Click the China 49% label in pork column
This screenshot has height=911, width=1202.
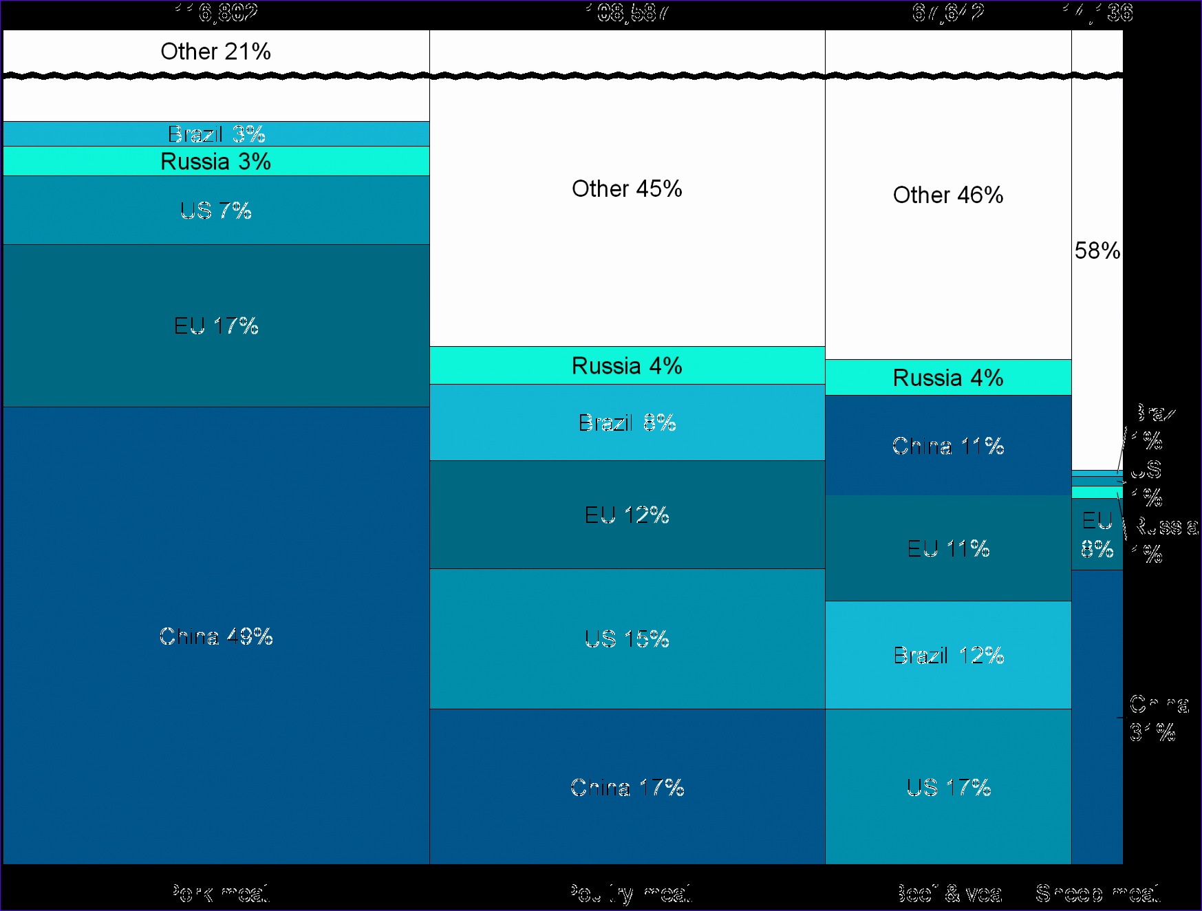coord(216,636)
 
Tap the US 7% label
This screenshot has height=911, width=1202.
coord(216,211)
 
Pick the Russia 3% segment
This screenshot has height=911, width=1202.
coord(216,162)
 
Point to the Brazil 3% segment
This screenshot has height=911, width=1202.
coord(216,134)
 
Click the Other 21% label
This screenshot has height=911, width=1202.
coord(215,52)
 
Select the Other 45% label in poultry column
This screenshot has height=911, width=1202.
coord(627,189)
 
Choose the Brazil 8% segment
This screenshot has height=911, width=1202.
coord(627,422)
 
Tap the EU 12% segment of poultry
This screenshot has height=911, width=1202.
coord(627,515)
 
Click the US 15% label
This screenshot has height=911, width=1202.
coord(627,639)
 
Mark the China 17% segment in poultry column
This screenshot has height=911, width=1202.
coord(627,787)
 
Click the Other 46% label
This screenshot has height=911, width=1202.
coord(948,195)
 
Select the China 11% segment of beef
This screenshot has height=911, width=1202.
coord(948,446)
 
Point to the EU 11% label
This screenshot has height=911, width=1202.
coord(948,548)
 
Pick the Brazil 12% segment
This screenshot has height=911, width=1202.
coord(948,655)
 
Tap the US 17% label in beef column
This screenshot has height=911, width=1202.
coord(948,787)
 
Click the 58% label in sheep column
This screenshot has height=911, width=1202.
coord(1097,250)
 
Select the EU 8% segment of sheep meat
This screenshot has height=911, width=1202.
coord(1097,535)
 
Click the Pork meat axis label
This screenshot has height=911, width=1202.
coord(219,893)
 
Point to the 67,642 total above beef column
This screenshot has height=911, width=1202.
coord(948,12)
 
